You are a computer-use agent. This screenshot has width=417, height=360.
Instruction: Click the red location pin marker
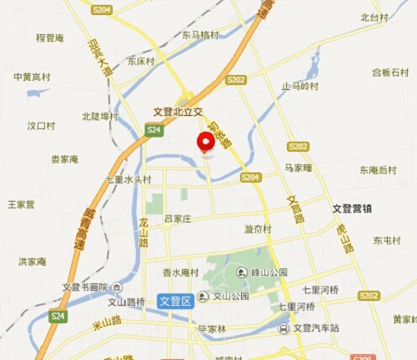(x=205, y=142)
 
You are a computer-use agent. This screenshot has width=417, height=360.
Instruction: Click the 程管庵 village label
(x=50, y=37)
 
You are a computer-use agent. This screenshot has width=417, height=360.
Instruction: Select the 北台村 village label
(x=374, y=17)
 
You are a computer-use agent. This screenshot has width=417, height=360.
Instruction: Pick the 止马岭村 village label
(x=300, y=86)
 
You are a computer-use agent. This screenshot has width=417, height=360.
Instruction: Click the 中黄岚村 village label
(x=32, y=77)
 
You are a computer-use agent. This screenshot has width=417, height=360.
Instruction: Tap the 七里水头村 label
(x=128, y=179)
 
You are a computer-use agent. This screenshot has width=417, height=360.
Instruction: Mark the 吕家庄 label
(x=177, y=218)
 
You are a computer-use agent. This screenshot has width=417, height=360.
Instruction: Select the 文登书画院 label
(x=85, y=287)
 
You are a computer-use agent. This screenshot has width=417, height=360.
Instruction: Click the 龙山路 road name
(x=143, y=232)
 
